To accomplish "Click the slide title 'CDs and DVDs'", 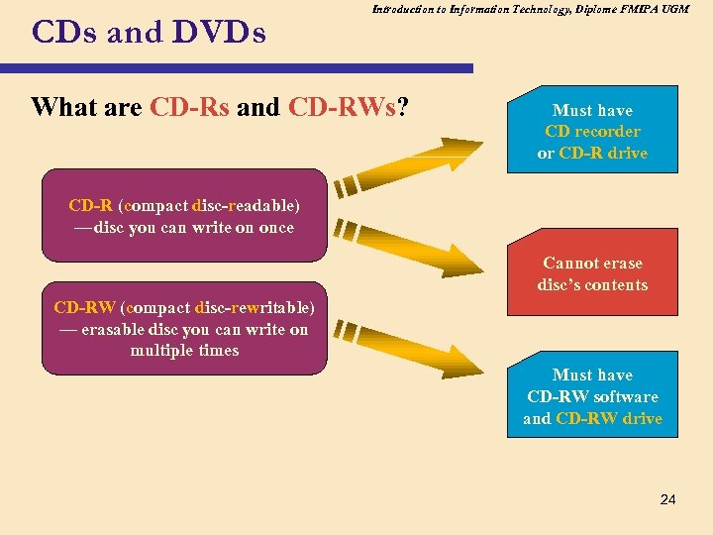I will [149, 34].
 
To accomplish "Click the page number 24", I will [667, 499].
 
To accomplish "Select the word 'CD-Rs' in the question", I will [189, 107].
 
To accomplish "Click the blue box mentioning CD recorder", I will [592, 131].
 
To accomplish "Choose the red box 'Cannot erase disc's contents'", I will [592, 274].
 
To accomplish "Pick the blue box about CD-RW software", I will [592, 396].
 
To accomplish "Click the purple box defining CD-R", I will [183, 217].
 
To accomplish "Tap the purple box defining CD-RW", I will [183, 329].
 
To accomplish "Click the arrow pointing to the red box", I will [416, 249].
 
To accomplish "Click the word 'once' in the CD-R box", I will [276, 228].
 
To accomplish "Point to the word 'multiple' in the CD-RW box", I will [162, 351].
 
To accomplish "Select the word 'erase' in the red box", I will [620, 264].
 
